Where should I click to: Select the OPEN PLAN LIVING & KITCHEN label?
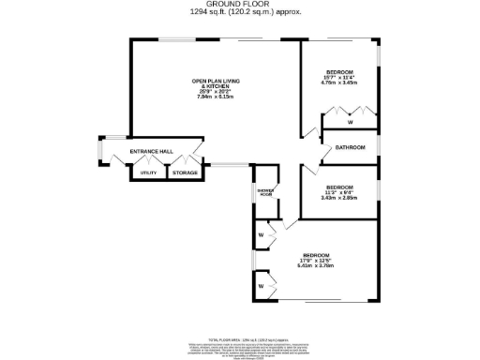[212, 83]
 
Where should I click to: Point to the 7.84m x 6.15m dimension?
[212, 97]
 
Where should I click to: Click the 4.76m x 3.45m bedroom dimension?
[338, 82]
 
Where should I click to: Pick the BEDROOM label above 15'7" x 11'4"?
[338, 72]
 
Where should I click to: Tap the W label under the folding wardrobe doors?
[350, 123]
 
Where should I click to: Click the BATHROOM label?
[350, 147]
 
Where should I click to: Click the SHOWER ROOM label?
[264, 192]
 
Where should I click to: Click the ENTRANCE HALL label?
[151, 152]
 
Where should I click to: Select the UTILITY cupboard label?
[147, 173]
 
